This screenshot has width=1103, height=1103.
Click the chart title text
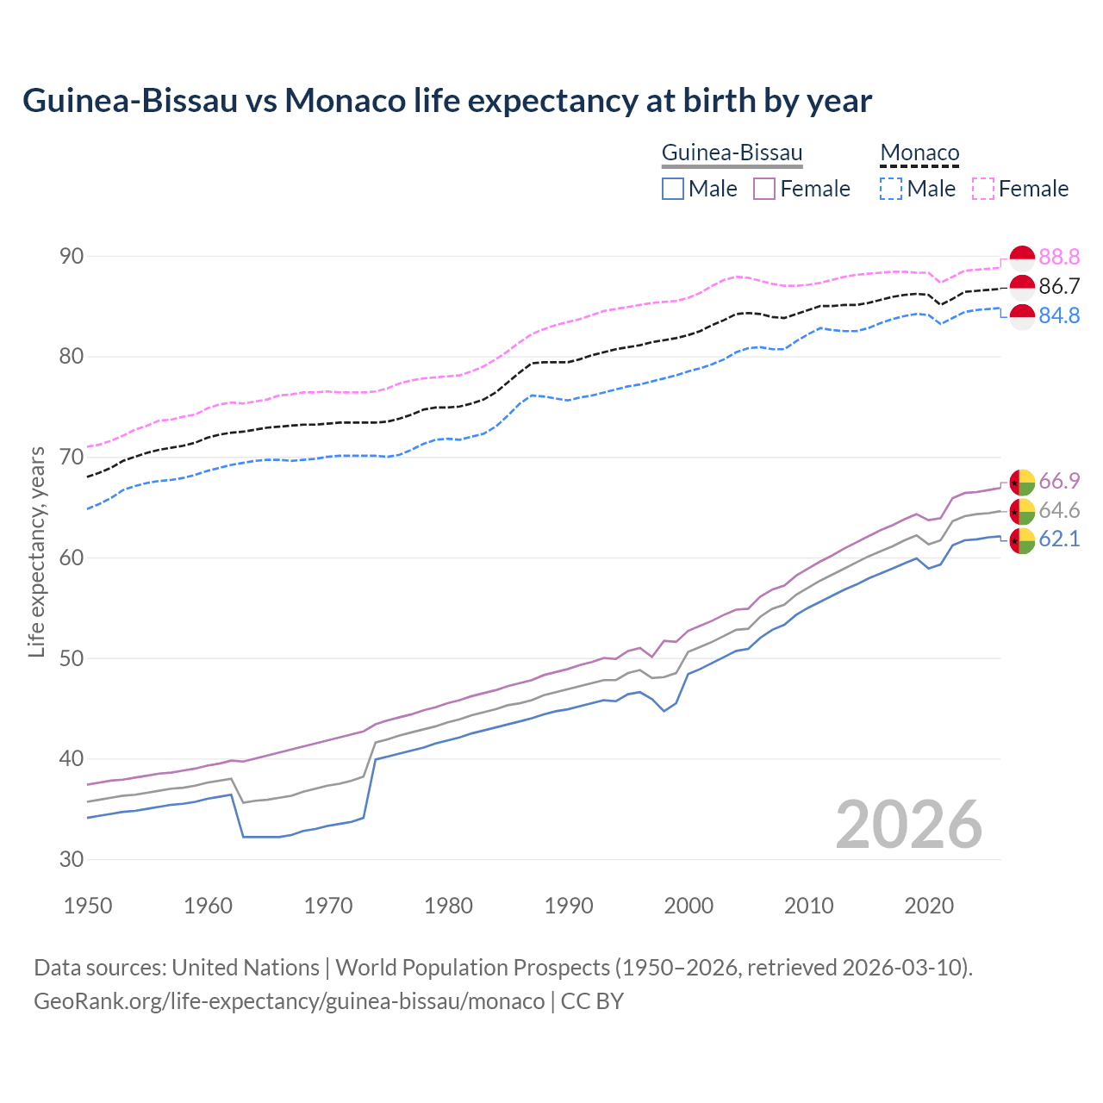point(447,101)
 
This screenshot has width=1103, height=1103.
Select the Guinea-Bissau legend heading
point(732,153)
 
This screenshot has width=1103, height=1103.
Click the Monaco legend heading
point(919,153)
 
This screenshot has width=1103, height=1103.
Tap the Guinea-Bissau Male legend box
point(673,189)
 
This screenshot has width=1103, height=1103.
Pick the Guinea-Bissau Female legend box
point(764,189)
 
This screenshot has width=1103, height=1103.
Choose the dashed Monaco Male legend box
point(891,189)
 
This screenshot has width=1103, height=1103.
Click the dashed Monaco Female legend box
point(983,189)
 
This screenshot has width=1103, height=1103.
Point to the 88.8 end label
point(1059,257)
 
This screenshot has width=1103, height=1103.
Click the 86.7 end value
point(1059,286)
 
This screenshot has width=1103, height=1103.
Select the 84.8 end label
point(1059,315)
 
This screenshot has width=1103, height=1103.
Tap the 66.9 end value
point(1059,481)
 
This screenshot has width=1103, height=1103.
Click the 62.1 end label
point(1059,539)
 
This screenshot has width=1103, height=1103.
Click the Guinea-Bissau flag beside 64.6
point(1022,511)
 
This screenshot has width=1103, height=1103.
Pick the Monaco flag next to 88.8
point(1022,258)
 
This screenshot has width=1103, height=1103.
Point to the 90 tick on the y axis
point(72,256)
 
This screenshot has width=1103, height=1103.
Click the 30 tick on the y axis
point(72,859)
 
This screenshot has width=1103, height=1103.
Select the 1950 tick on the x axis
point(88,906)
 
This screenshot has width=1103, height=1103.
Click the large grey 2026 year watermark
point(909,825)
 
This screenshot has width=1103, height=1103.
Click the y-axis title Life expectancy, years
point(37,551)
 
